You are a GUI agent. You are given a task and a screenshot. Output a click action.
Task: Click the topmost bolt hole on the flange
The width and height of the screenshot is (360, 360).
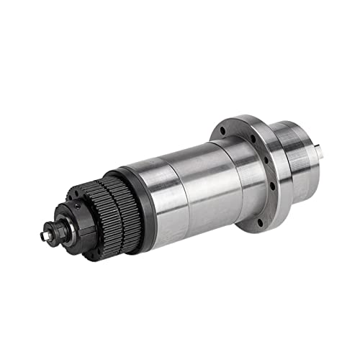[223, 131]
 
